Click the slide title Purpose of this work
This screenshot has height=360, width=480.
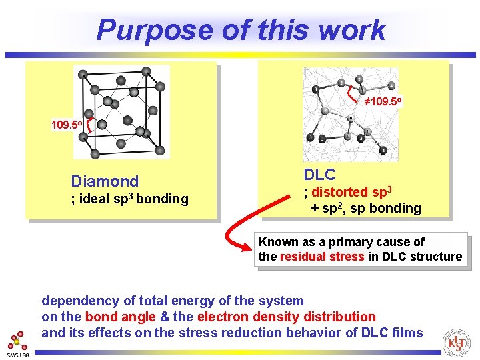coord(241,29)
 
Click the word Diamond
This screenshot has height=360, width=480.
coord(105,181)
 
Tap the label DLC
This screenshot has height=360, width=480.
coord(319,175)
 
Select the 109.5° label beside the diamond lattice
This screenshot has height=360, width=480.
coord(67,125)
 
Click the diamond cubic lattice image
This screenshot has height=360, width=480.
coord(121,112)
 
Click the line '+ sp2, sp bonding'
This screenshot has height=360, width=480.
coord(365,208)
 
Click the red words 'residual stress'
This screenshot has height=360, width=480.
coord(322,257)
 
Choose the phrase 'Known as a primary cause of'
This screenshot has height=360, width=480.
coord(341,242)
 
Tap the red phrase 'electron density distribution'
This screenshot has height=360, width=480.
coord(287,317)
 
